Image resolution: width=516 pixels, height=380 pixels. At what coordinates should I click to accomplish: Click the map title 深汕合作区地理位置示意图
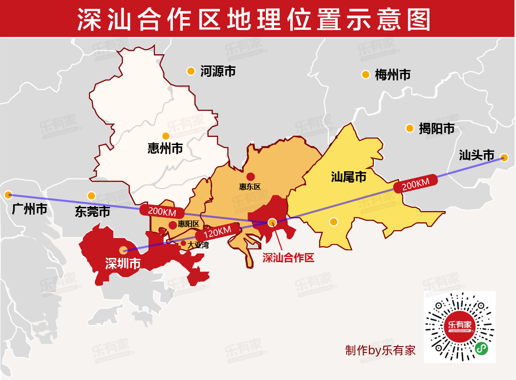click(x=254, y=19)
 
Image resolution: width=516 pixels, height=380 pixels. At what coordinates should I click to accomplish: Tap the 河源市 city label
click(x=218, y=71)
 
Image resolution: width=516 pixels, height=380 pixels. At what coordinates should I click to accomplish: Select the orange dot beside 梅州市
click(x=365, y=75)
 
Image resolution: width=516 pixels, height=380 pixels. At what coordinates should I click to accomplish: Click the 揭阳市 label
click(x=436, y=129)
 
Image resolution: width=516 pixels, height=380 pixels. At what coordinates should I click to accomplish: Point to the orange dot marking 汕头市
click(x=504, y=158)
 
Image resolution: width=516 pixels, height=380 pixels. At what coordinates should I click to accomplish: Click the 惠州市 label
click(x=165, y=148)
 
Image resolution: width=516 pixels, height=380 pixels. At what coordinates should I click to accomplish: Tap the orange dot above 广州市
click(x=8, y=195)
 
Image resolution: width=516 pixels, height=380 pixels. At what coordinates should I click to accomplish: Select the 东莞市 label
click(x=93, y=211)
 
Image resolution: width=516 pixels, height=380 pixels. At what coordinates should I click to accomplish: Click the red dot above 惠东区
click(x=251, y=177)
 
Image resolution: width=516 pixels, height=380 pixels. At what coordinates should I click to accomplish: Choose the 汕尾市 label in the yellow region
click(x=349, y=177)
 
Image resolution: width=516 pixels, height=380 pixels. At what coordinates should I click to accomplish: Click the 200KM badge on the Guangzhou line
click(x=162, y=211)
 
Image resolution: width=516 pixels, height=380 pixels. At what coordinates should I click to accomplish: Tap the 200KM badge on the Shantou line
click(x=415, y=183)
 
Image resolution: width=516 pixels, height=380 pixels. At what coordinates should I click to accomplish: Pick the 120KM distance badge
click(x=217, y=233)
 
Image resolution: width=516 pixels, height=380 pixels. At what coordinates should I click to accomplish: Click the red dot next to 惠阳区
click(x=172, y=225)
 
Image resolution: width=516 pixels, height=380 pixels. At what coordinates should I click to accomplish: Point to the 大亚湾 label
click(x=198, y=245)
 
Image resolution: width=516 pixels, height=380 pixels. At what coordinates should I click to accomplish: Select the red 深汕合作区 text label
click(x=288, y=258)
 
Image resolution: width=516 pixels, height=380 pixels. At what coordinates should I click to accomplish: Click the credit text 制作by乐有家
click(x=380, y=350)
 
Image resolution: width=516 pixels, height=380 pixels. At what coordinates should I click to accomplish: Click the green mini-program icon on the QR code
click(x=482, y=348)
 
